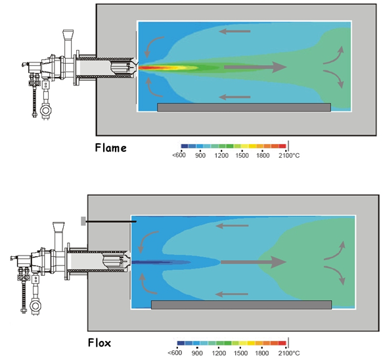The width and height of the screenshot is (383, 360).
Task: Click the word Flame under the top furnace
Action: point(110,148)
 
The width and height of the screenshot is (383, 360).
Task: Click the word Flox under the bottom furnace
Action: point(99,343)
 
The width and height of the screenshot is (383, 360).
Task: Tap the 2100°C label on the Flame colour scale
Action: point(289,155)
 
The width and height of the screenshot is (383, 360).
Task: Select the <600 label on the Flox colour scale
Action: point(175,353)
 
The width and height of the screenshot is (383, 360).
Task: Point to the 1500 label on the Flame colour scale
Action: point(242,155)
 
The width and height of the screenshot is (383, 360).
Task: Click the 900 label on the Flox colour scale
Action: point(197,353)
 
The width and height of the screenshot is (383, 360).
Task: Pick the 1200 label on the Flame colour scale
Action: point(221,155)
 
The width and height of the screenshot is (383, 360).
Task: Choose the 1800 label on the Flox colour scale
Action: point(262,353)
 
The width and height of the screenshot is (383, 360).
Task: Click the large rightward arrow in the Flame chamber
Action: point(256,67)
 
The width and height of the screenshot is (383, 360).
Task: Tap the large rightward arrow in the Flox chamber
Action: point(254,262)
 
